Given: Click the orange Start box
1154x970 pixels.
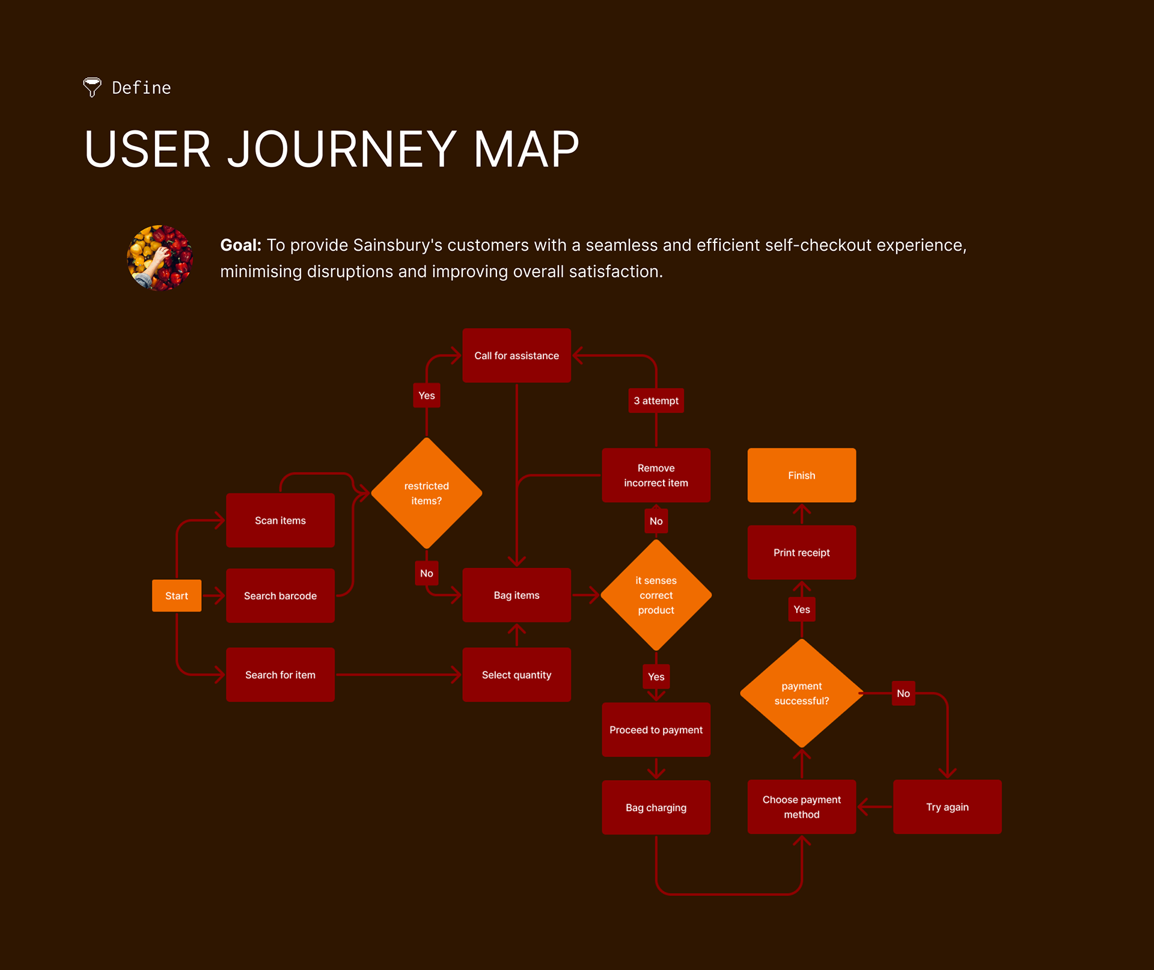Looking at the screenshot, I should click(x=176, y=595).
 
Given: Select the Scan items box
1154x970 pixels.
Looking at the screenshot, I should click(x=280, y=520).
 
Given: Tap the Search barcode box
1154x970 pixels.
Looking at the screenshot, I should click(x=280, y=595).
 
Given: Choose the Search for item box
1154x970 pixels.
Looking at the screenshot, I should click(x=280, y=675).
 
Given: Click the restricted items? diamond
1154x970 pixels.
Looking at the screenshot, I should click(x=426, y=493).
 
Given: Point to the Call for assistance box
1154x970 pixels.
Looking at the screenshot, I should click(x=516, y=355).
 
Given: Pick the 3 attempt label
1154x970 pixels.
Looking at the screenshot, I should click(x=656, y=401).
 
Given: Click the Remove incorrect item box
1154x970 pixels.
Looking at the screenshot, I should click(x=656, y=475).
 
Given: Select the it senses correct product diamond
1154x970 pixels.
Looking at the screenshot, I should click(x=656, y=595).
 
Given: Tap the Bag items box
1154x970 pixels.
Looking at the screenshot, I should click(x=516, y=595).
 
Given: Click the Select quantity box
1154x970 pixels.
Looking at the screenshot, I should click(x=516, y=675).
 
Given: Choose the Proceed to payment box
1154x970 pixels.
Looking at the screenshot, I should click(x=656, y=729).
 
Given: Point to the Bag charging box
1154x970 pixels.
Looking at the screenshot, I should click(x=656, y=808).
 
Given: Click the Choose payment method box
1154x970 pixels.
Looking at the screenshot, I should click(x=801, y=807).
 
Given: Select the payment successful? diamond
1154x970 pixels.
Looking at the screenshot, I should click(x=801, y=693).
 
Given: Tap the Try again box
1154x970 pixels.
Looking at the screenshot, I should click(x=947, y=807).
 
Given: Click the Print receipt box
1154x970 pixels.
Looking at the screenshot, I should click(x=801, y=553).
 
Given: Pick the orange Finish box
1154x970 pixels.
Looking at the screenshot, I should click(x=801, y=475).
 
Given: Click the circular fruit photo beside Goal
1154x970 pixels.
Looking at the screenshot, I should click(x=160, y=258).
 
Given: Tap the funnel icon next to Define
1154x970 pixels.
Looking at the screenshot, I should click(x=92, y=87).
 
